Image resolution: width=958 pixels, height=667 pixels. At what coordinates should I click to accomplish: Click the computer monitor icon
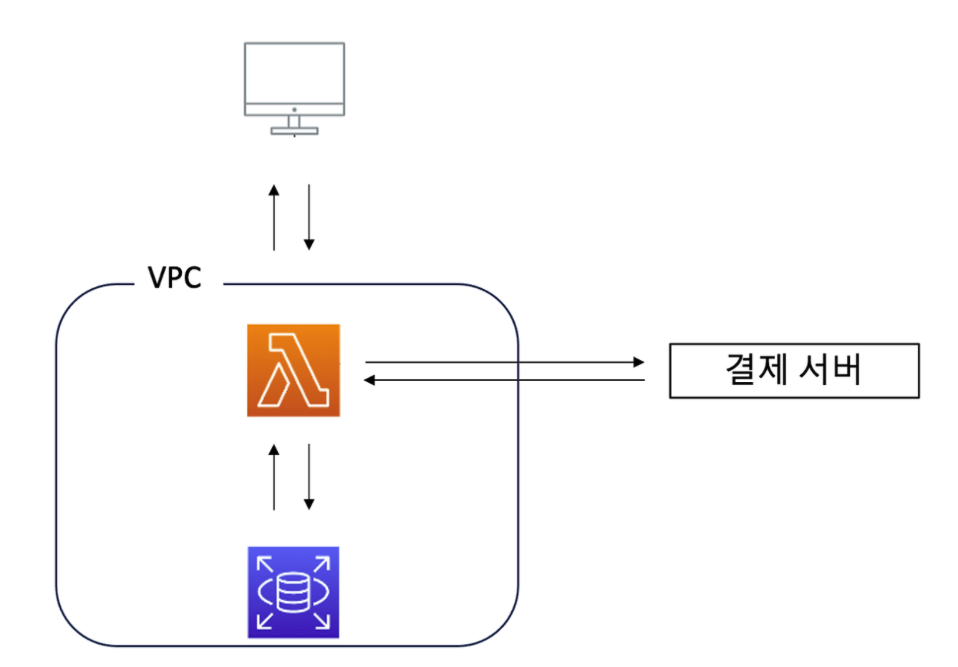pyautogui.click(x=294, y=86)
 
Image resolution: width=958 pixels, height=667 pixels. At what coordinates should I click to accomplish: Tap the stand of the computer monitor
pyautogui.click(x=294, y=124)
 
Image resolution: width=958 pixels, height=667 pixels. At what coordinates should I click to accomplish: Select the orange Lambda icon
pyautogui.click(x=294, y=369)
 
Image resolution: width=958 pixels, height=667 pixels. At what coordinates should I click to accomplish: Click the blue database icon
pyautogui.click(x=294, y=591)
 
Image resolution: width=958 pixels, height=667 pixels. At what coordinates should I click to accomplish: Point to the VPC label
pyautogui.click(x=175, y=279)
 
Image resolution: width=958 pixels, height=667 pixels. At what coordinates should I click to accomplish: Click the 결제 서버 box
pyautogui.click(x=793, y=370)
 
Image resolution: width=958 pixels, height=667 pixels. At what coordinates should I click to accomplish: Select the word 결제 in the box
pyautogui.click(x=752, y=370)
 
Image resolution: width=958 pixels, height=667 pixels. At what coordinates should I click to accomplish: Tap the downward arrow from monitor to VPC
pyautogui.click(x=310, y=216)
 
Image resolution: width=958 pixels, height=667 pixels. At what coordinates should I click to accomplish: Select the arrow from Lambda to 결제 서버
pyautogui.click(x=505, y=362)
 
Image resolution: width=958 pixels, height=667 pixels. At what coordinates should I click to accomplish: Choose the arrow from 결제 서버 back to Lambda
pyautogui.click(x=505, y=379)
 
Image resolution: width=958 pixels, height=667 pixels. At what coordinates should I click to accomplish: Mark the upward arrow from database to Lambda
pyautogui.click(x=274, y=476)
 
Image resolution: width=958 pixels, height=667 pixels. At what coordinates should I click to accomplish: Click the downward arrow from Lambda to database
pyautogui.click(x=310, y=476)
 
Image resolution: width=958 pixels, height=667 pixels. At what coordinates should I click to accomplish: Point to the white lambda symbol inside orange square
pyautogui.click(x=294, y=369)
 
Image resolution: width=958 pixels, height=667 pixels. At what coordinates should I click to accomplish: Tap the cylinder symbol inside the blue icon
pyautogui.click(x=294, y=592)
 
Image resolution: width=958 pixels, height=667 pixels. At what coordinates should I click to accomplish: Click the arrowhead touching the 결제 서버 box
pyautogui.click(x=641, y=362)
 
